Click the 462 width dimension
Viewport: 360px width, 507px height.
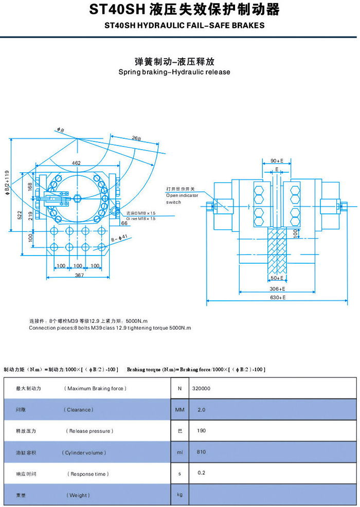[76, 163]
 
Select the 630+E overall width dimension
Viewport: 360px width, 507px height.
[278, 297]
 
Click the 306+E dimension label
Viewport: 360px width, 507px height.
[278, 289]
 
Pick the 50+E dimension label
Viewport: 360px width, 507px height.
[278, 278]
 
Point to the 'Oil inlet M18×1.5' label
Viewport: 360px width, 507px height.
[141, 219]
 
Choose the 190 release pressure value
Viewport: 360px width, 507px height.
[201, 431]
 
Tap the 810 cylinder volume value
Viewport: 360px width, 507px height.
[201, 452]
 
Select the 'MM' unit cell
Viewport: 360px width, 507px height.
[179, 410]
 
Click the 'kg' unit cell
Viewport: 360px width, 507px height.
[179, 494]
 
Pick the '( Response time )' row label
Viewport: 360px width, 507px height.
[88, 474]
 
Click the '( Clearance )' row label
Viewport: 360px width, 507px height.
[79, 410]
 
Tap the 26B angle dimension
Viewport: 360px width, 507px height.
[136, 138]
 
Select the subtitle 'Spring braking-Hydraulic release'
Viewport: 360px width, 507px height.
[174, 72]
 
